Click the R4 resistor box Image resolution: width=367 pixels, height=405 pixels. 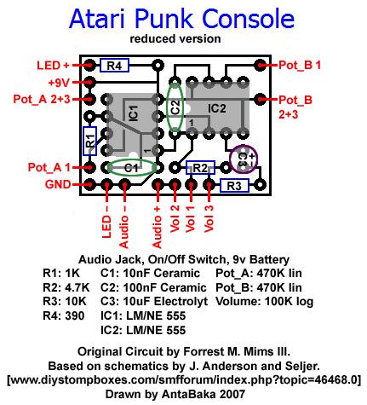click(114, 66)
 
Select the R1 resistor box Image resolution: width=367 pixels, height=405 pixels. click(89, 141)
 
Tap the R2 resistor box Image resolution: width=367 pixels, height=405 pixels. click(200, 168)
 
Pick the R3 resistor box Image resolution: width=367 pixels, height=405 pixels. click(234, 186)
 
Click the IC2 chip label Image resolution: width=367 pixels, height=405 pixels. click(217, 108)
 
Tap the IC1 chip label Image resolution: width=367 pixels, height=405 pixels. click(134, 113)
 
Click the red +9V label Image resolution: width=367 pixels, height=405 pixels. click(59, 83)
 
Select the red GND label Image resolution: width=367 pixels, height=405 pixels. click(58, 185)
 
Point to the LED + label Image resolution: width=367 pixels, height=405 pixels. click(53, 66)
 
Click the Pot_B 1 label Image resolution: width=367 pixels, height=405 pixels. click(300, 66)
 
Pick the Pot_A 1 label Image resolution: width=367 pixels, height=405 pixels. click(49, 167)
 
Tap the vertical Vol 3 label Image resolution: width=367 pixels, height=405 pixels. click(209, 218)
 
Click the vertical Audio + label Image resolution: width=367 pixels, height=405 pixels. click(157, 228)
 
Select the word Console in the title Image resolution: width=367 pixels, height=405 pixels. click(249, 19)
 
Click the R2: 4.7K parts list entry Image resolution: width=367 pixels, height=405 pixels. click(66, 287)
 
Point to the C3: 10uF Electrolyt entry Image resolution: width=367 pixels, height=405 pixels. click(154, 302)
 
